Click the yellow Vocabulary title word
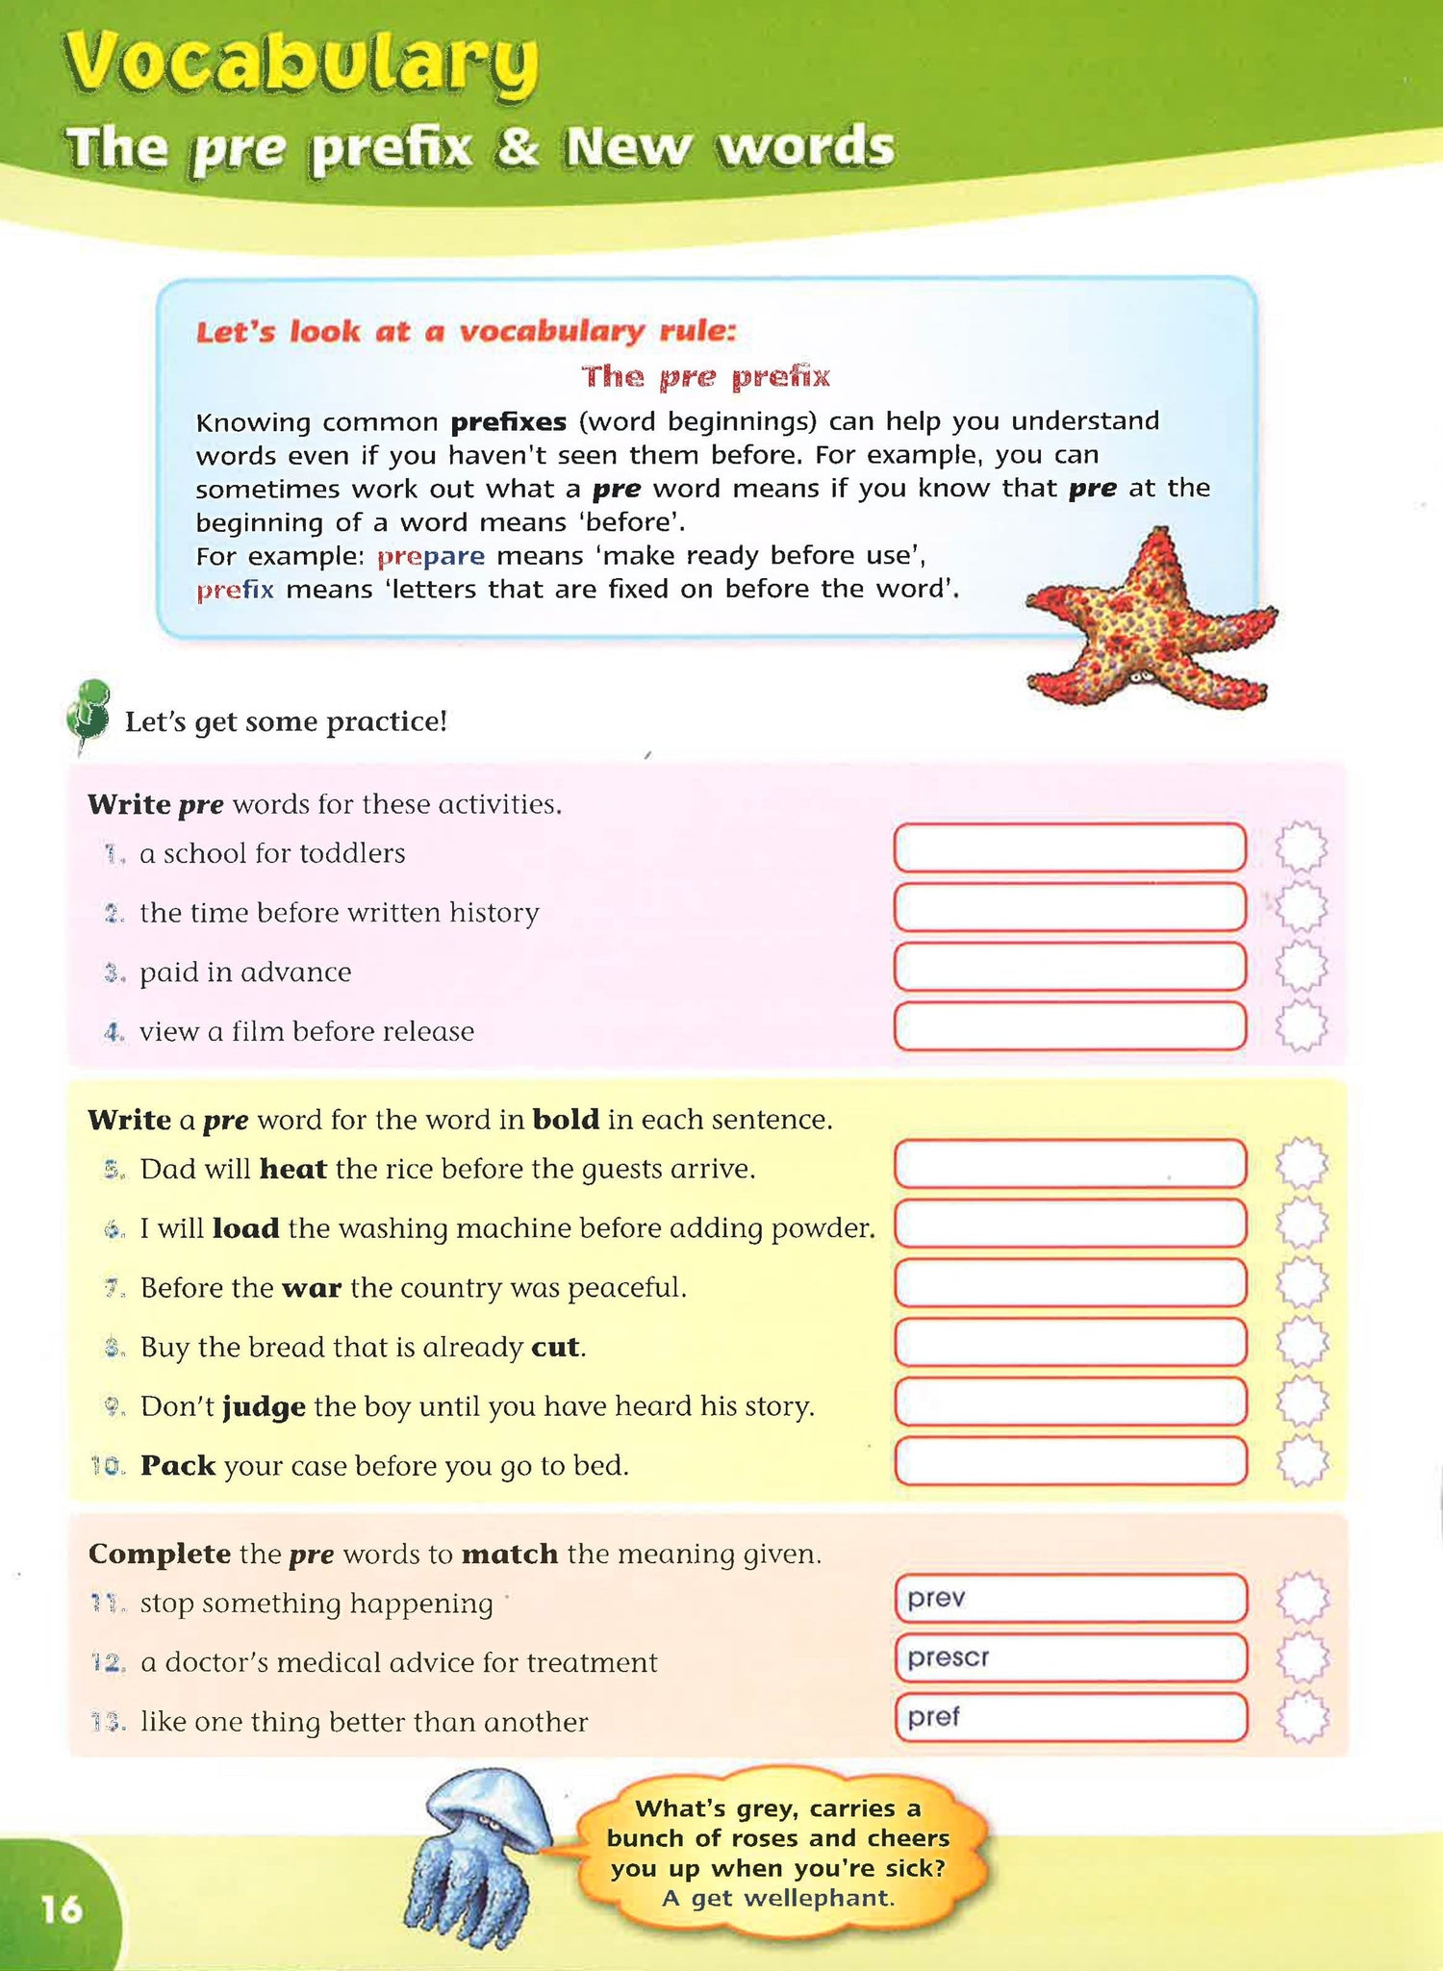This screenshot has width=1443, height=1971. pyautogui.click(x=300, y=65)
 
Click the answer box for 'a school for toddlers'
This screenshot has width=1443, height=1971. pyautogui.click(x=1069, y=847)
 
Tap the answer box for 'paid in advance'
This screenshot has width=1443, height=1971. pyautogui.click(x=1069, y=967)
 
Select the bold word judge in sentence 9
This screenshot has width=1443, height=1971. pyautogui.click(x=264, y=1406)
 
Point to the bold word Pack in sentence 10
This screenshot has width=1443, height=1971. pyautogui.click(x=178, y=1465)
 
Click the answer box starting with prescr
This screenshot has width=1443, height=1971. pyautogui.click(x=1069, y=1657)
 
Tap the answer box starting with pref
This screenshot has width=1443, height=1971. pyautogui.click(x=1069, y=1717)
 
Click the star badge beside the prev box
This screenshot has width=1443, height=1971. pyautogui.click(x=1303, y=1599)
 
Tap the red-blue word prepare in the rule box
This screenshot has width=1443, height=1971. pyautogui.click(x=430, y=556)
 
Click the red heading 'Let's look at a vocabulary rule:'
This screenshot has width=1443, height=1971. pyautogui.click(x=466, y=332)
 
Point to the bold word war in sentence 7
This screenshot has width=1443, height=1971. pyautogui.click(x=312, y=1287)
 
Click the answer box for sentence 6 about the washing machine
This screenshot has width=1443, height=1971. pyautogui.click(x=1069, y=1224)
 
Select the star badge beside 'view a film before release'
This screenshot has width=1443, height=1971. pyautogui.click(x=1302, y=1025)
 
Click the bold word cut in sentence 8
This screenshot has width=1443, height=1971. pyautogui.click(x=555, y=1347)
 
